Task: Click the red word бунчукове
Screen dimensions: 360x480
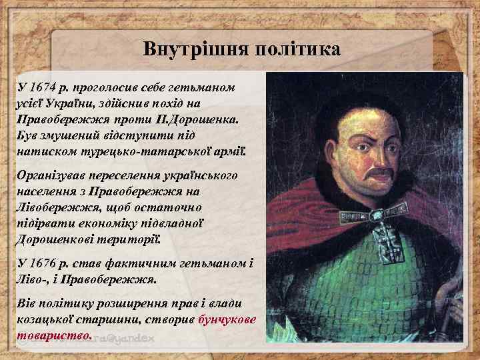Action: (x=227, y=319)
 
